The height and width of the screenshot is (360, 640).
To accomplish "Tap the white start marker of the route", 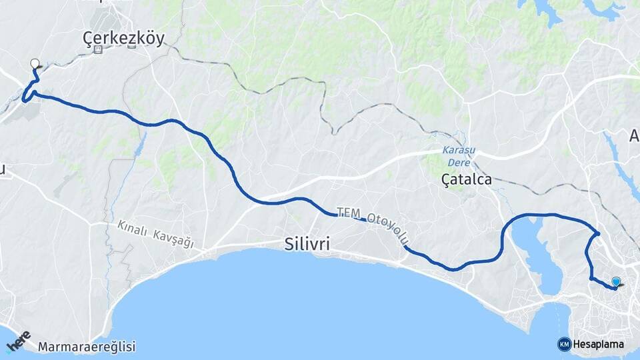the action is [x=35, y=64].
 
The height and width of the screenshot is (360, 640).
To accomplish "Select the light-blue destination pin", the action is [x=616, y=282].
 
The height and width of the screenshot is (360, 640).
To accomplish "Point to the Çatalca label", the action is [x=467, y=179].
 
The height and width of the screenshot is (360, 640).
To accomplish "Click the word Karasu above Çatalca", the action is [x=456, y=151].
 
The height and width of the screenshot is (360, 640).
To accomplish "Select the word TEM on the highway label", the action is [x=348, y=213].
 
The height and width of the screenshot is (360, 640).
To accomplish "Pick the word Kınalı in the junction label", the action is [x=132, y=228].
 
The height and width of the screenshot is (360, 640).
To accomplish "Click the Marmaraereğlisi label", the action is [x=87, y=347].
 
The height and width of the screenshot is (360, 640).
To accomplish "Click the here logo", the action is [x=19, y=341].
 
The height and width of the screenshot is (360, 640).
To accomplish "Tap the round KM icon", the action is [x=564, y=344].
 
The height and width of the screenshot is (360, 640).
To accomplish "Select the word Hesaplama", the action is [x=598, y=345].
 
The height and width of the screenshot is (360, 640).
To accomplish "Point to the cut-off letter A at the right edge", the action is [x=634, y=136].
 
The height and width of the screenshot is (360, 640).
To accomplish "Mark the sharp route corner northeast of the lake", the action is [x=599, y=233].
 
